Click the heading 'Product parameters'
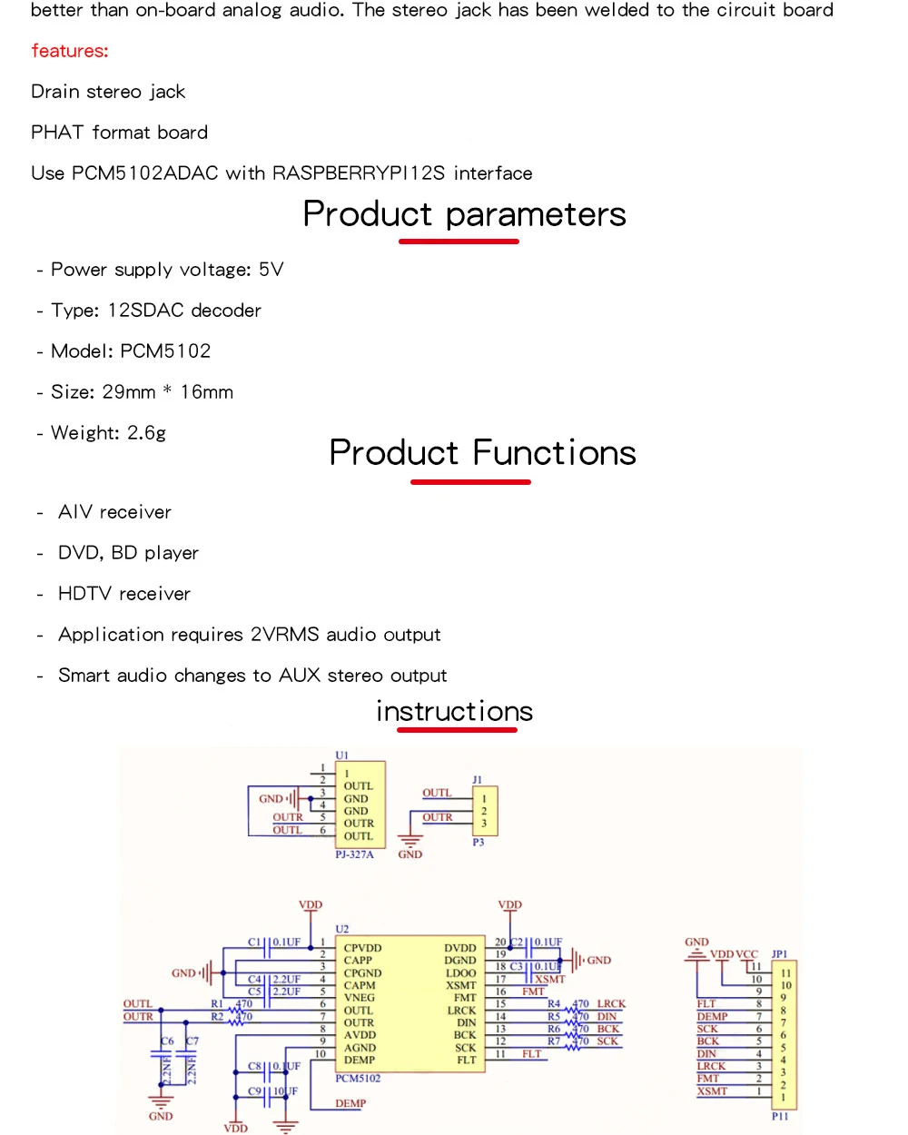464,214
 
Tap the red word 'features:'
69,51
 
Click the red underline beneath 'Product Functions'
470,481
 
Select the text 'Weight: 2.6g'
108,433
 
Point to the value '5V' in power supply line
271,270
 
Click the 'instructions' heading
454,711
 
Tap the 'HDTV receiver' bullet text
124,594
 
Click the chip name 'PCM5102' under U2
358,1079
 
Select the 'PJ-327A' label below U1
354,854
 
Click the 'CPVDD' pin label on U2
362,948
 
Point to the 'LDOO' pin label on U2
461,972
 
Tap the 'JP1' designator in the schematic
779,954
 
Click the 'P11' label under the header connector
780,1116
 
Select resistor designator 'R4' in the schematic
554,1003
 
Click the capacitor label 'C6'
167,1041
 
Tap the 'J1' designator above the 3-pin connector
478,780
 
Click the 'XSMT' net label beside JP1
712,1091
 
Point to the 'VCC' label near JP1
746,954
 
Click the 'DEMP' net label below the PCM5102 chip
350,1104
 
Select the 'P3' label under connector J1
479,843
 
